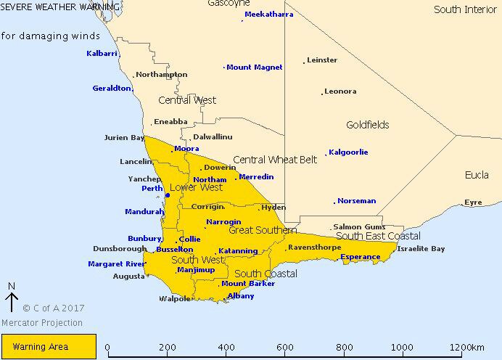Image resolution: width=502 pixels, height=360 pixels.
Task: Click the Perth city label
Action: point(152,189)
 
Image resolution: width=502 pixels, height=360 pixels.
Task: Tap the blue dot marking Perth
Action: point(168,195)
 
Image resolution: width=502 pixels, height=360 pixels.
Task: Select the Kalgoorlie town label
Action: point(348,152)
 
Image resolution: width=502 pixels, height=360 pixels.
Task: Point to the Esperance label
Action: point(360,257)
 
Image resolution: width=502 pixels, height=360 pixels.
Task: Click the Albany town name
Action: point(241,296)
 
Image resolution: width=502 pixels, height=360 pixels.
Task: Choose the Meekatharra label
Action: point(268,15)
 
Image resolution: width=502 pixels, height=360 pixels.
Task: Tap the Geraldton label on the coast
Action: point(112,89)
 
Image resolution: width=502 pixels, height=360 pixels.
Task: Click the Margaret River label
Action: point(116,264)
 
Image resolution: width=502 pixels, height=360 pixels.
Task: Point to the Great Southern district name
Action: point(262,230)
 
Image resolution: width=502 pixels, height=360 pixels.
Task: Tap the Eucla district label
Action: point(477,176)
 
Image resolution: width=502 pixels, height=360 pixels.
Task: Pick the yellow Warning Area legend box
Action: point(49,347)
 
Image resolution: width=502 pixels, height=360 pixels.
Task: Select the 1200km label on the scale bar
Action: point(470,348)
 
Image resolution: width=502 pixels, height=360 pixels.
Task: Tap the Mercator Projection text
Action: point(41,323)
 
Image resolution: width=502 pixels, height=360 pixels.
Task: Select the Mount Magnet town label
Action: point(254,67)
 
